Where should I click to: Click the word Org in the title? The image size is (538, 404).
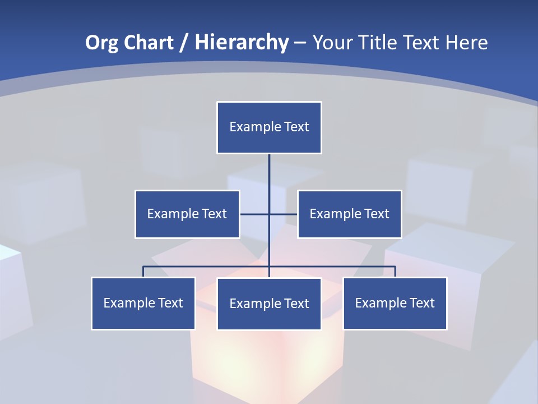tap(101, 43)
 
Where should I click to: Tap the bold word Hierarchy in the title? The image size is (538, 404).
tap(242, 43)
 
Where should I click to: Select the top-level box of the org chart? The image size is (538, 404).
tap(269, 127)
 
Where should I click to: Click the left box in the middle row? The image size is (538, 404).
tap(187, 214)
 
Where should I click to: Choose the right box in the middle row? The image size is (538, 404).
tap(350, 214)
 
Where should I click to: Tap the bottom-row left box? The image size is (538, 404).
tap(143, 303)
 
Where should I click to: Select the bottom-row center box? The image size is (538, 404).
tap(269, 304)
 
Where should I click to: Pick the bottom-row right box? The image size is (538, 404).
tap(395, 303)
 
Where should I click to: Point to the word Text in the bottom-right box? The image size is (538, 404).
tap(422, 303)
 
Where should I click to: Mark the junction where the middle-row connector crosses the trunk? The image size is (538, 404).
tap(269, 214)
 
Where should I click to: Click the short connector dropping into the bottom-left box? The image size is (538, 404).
tap(143, 272)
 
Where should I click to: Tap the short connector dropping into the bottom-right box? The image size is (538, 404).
tap(395, 272)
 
